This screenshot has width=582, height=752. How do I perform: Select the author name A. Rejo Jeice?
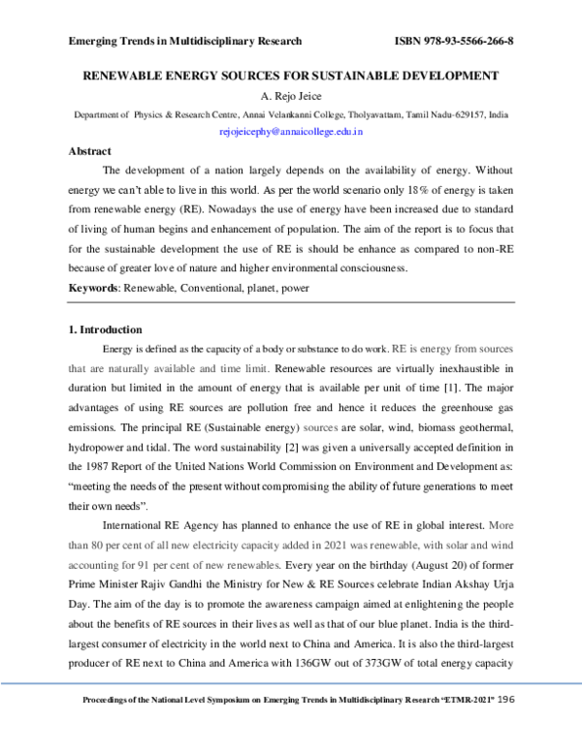(x=291, y=96)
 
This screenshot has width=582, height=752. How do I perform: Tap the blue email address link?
(x=291, y=130)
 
